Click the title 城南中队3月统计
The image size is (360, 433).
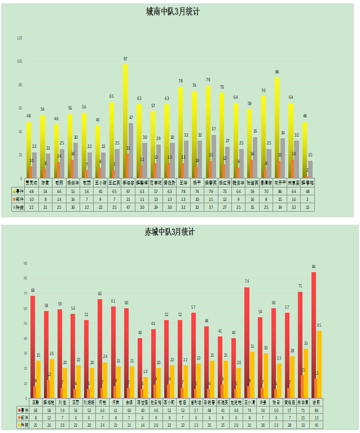click(172, 11)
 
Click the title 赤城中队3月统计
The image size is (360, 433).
click(170, 231)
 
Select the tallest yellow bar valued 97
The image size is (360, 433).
click(125, 121)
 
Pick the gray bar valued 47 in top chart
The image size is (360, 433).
click(131, 150)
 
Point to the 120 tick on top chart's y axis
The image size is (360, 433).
click(20, 38)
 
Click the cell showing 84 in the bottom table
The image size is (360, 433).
click(314, 410)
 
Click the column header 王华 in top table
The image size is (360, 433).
click(183, 183)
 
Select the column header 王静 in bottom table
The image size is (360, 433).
click(36, 403)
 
